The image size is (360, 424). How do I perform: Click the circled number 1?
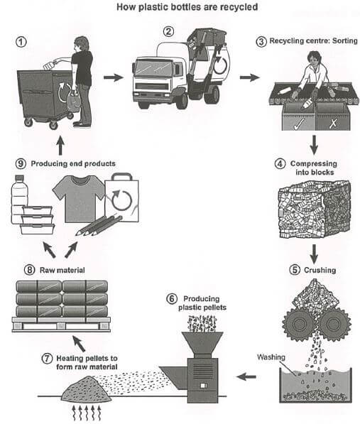click(21, 42)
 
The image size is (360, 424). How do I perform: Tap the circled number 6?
click(172, 299)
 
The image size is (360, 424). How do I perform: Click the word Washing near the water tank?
click(271, 357)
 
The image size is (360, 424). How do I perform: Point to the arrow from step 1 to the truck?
click(114, 77)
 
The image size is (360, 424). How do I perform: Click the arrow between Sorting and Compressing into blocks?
click(314, 145)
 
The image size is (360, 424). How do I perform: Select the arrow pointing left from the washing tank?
click(246, 376)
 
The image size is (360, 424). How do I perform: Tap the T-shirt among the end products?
click(78, 198)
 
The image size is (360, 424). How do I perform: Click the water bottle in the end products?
click(19, 200)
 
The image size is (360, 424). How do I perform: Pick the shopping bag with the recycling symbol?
click(122, 198)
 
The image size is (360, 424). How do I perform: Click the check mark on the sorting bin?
click(299, 124)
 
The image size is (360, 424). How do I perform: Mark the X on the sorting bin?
click(334, 124)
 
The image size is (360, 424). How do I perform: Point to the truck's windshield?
click(153, 69)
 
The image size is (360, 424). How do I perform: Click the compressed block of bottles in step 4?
click(315, 210)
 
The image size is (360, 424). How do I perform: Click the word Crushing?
click(320, 270)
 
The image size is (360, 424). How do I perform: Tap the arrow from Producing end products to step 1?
click(60, 146)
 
